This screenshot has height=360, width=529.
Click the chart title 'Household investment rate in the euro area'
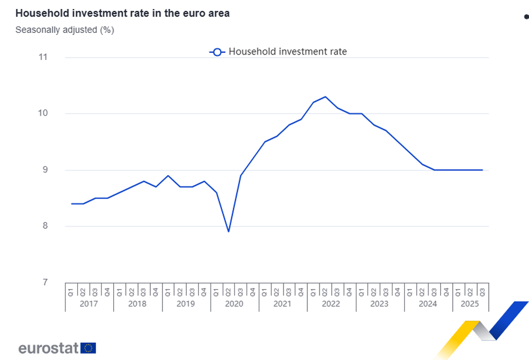click(122, 14)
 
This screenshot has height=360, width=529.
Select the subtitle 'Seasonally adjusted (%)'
click(65, 30)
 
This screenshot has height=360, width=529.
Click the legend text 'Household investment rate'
click(288, 51)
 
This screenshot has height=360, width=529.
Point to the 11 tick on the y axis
click(43, 57)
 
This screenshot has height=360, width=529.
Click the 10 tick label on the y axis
click(43, 113)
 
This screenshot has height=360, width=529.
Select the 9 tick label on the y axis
click(45, 170)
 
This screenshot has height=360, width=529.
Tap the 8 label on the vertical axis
click(45, 226)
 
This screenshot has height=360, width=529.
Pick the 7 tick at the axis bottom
click(45, 282)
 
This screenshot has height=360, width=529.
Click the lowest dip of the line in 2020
click(229, 231)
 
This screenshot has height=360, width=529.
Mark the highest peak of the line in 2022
click(325, 97)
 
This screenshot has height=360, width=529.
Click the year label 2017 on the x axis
click(89, 304)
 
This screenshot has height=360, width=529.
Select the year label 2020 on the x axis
click(234, 304)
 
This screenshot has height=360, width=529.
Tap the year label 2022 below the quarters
click(331, 304)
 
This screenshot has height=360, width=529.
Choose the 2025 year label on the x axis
click(470, 304)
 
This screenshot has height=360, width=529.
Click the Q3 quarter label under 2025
click(482, 291)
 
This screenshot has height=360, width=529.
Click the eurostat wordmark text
click(49, 348)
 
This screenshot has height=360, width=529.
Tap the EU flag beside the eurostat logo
click(89, 348)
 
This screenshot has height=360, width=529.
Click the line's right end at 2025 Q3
click(482, 170)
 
